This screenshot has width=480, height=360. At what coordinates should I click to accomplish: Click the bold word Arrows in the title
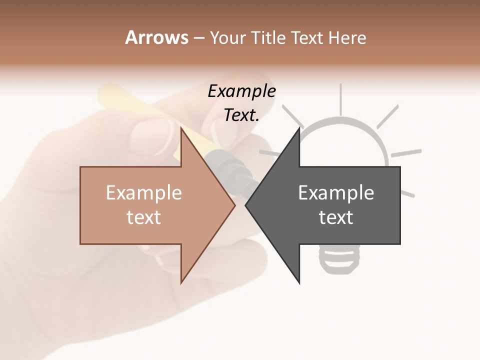[156, 37]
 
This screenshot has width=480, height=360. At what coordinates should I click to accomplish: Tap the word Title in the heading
[270, 38]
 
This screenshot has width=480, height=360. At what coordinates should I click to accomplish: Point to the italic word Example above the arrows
[241, 91]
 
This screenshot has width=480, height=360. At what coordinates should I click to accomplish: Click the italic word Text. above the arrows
[241, 115]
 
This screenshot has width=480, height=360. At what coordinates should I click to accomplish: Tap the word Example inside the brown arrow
[144, 193]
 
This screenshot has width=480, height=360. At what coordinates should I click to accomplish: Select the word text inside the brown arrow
[144, 217]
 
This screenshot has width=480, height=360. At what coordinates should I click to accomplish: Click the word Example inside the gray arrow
[336, 193]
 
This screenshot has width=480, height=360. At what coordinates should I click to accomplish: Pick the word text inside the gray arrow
[336, 217]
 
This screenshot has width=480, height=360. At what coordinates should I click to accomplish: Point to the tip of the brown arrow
[234, 205]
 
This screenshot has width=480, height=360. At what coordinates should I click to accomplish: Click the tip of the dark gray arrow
[246, 205]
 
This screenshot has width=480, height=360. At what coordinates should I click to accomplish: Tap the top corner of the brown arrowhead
[181, 127]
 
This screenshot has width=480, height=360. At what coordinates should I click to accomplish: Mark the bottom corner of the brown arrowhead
[181, 282]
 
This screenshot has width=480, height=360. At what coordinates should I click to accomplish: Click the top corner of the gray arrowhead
[299, 127]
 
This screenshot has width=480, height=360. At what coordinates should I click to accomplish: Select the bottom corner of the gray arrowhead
[299, 282]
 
